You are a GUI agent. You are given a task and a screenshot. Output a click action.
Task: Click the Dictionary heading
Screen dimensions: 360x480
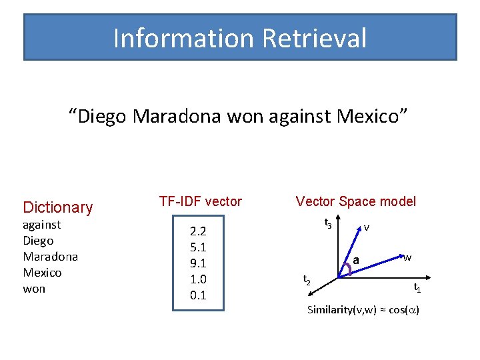58,207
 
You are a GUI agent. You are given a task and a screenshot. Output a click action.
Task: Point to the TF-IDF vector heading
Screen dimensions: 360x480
200,201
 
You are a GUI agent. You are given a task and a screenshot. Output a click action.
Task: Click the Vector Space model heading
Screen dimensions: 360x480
355,201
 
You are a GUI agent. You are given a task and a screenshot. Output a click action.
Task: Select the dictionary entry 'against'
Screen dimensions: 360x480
41,225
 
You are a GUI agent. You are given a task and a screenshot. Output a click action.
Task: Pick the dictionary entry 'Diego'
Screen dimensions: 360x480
38,241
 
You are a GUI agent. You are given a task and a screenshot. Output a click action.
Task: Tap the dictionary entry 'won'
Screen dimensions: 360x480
34,289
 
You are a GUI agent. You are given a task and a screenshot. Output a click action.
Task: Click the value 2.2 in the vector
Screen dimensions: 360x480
198,232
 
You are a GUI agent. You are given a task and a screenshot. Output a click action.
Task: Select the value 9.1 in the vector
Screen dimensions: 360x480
198,263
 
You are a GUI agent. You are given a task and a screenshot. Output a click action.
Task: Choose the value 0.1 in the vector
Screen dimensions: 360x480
198,295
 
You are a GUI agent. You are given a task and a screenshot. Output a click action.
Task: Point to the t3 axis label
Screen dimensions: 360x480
328,223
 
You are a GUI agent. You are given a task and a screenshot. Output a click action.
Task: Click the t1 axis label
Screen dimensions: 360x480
417,288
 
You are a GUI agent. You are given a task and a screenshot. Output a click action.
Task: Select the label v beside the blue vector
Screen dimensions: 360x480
367,227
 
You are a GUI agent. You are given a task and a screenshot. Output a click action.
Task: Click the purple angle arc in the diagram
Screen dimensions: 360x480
345,268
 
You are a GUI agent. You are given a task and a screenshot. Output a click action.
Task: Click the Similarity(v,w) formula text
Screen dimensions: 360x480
363,310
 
